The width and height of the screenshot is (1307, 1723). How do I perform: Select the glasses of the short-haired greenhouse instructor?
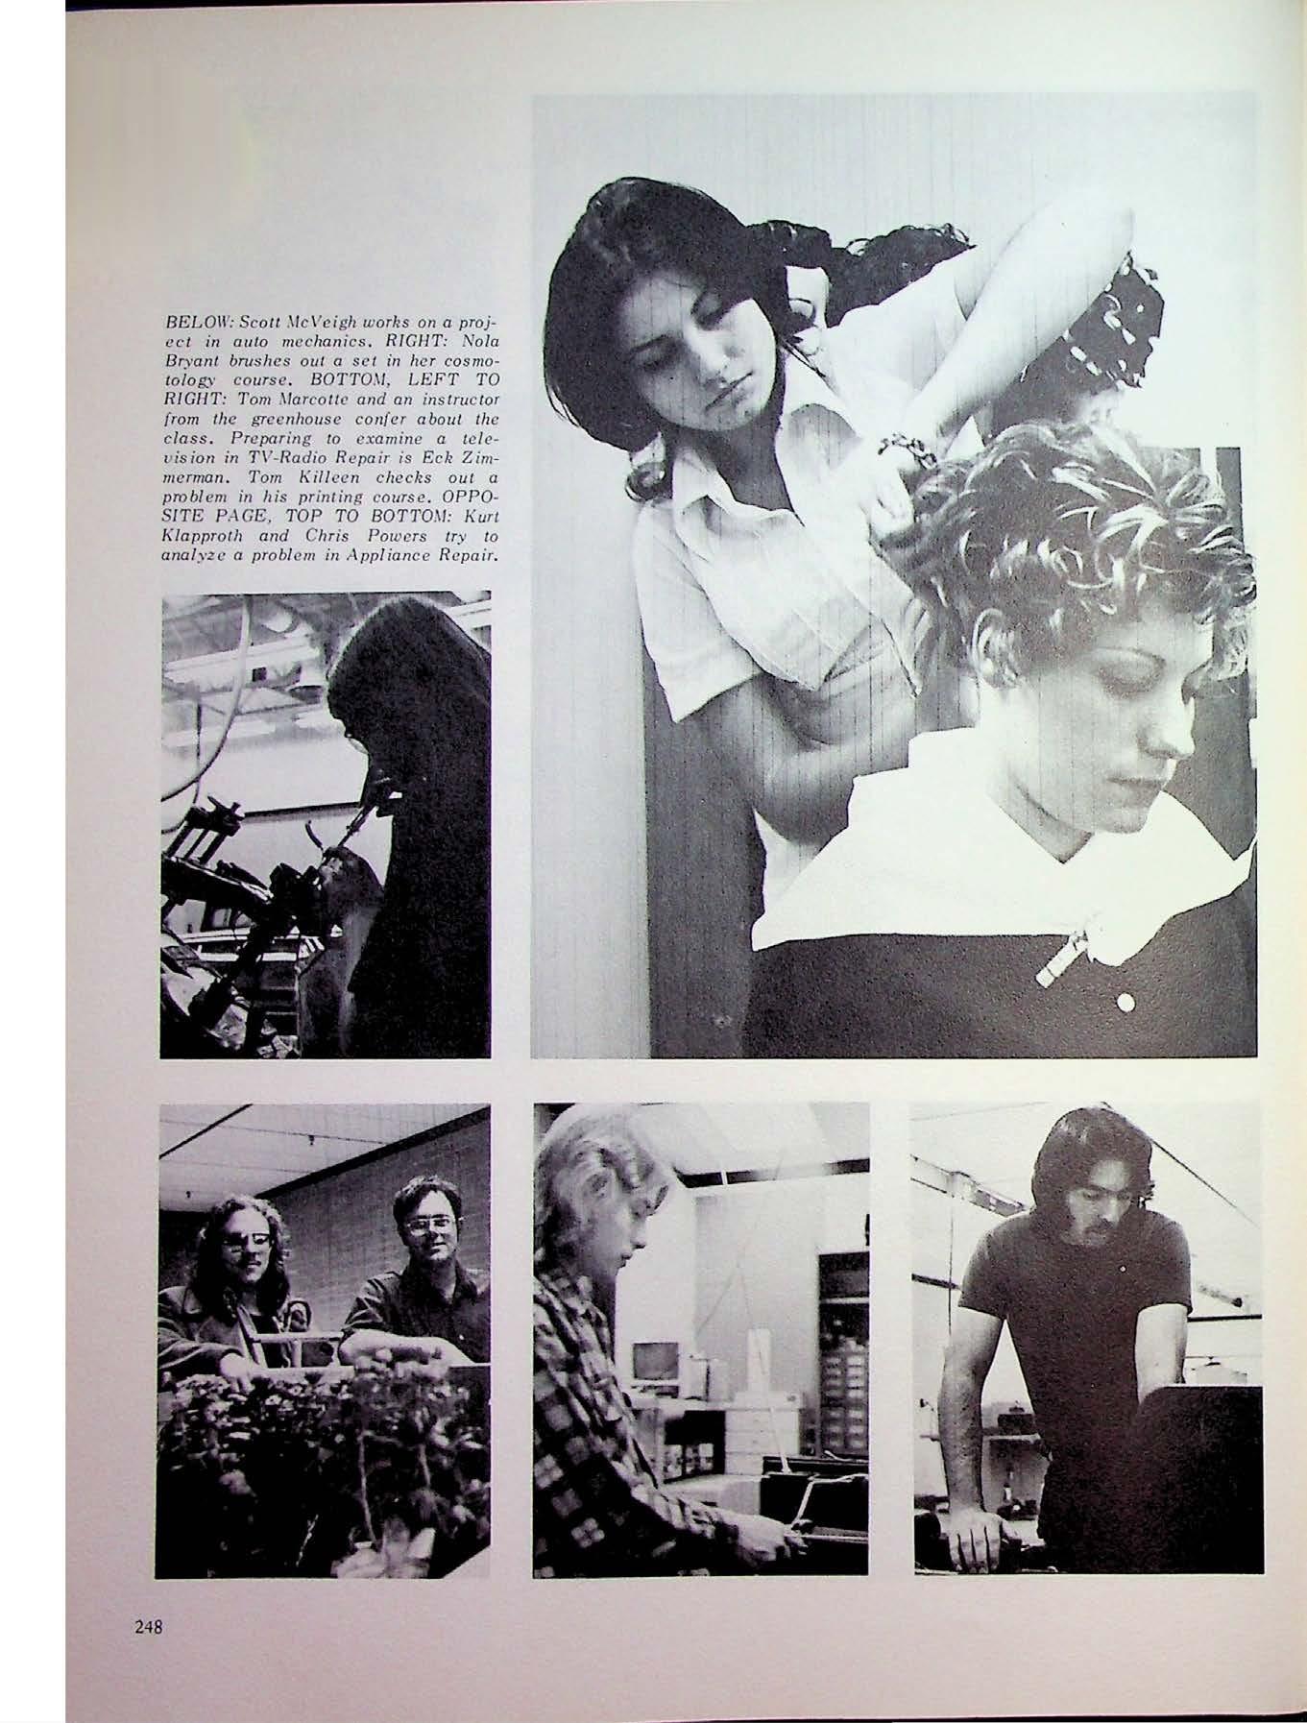[424, 1226]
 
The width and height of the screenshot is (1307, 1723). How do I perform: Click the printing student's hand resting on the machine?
[971, 1507]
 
